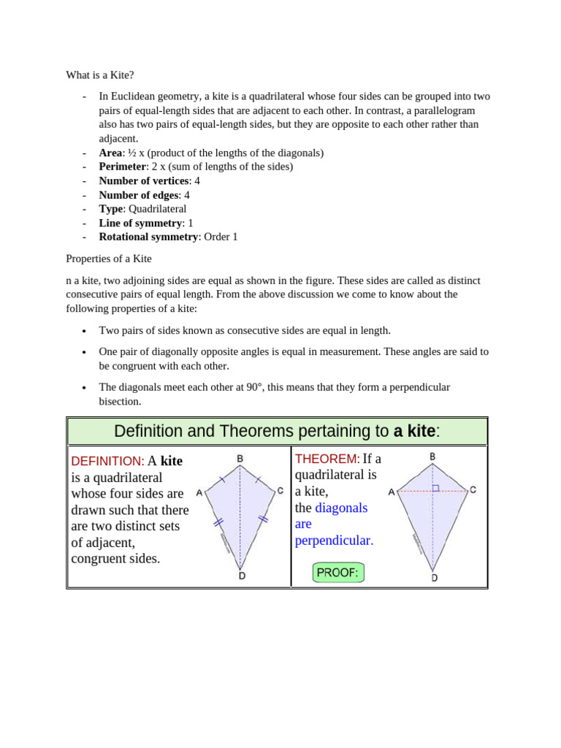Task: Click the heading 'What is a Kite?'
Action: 100,75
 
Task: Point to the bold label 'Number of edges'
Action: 138,195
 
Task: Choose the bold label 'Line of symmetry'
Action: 140,223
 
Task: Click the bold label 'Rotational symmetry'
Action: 148,237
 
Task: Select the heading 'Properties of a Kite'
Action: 109,259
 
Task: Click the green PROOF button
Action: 337,573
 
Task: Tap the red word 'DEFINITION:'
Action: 107,462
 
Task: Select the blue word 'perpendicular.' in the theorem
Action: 334,541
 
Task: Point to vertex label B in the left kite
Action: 240,459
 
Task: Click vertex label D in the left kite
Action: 241,576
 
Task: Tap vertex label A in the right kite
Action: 392,492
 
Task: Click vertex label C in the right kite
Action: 473,490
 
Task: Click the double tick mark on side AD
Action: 217,522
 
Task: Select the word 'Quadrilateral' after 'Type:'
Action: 157,209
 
